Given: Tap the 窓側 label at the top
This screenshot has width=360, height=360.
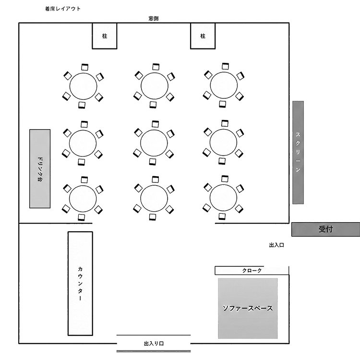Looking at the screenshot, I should click(x=154, y=19).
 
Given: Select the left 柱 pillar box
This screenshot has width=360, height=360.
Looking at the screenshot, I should click(x=105, y=36).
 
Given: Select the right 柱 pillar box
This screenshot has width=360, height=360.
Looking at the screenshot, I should click(x=203, y=36).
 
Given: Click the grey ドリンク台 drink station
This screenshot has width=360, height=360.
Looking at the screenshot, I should click(x=40, y=168).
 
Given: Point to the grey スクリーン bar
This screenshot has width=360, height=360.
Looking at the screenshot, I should click(x=298, y=152).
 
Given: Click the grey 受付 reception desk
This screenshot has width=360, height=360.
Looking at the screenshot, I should click(x=325, y=229).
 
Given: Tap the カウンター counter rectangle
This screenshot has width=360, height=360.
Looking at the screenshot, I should click(x=80, y=284).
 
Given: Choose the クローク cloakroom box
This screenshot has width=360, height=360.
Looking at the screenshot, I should click(x=252, y=270).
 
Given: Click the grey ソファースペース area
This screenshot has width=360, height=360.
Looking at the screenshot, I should click(x=248, y=308).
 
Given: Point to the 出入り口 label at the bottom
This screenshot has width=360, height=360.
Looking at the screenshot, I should click(x=154, y=344).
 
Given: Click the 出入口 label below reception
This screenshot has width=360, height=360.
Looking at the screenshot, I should click(x=277, y=245).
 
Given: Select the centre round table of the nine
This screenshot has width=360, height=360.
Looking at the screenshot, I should click(x=155, y=142).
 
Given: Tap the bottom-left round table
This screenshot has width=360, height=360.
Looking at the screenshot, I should click(x=84, y=198).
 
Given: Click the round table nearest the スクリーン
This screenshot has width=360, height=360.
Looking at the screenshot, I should click(x=224, y=142).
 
